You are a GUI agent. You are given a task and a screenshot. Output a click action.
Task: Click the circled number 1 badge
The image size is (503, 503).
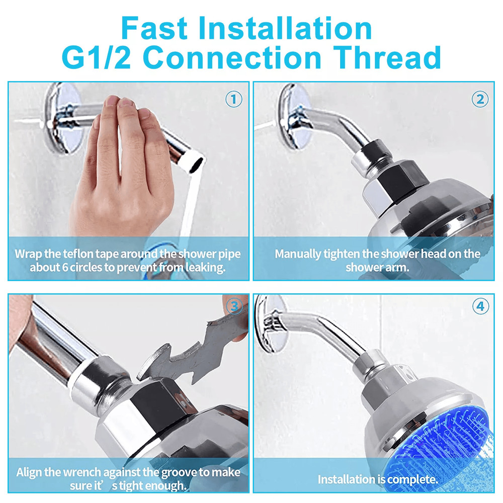tap(233, 100)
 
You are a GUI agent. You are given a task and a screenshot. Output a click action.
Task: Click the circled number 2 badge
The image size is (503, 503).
tap(480, 100)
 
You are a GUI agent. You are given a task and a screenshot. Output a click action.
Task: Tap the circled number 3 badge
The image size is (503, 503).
tap(233, 306)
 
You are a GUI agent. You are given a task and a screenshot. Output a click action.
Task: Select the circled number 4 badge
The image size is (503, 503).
tap(480, 306)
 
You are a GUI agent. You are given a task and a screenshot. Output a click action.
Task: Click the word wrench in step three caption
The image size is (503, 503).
tap(85, 472)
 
